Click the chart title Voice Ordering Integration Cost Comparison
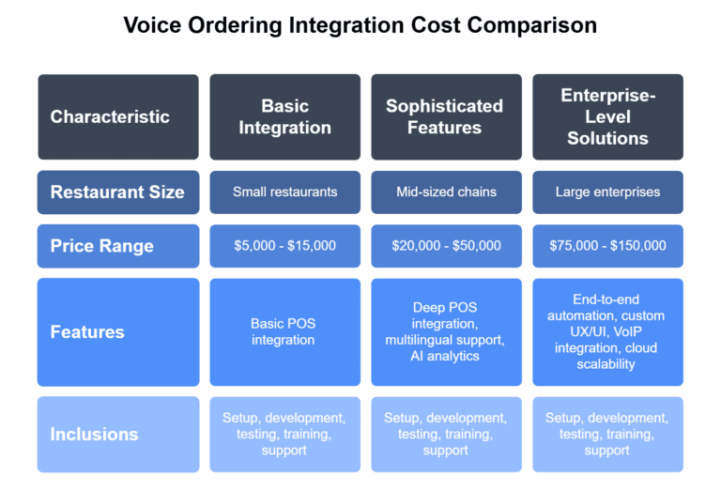[360, 25]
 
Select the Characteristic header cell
[110, 116]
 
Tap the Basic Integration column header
[284, 116]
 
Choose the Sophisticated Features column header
[445, 116]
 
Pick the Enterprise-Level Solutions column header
[607, 116]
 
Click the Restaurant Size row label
[117, 192]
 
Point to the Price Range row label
[101, 246]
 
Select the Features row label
[86, 331]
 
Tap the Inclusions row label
[94, 434]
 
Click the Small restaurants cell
[284, 192]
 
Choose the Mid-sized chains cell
[445, 192]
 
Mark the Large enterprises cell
[607, 192]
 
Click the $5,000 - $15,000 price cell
[284, 246]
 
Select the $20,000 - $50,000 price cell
[445, 246]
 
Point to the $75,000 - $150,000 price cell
[607, 246]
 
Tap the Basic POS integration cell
[284, 331]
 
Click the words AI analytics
[446, 356]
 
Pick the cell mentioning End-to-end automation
[607, 331]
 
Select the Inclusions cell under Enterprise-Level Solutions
[607, 434]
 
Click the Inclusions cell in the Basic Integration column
[284, 434]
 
